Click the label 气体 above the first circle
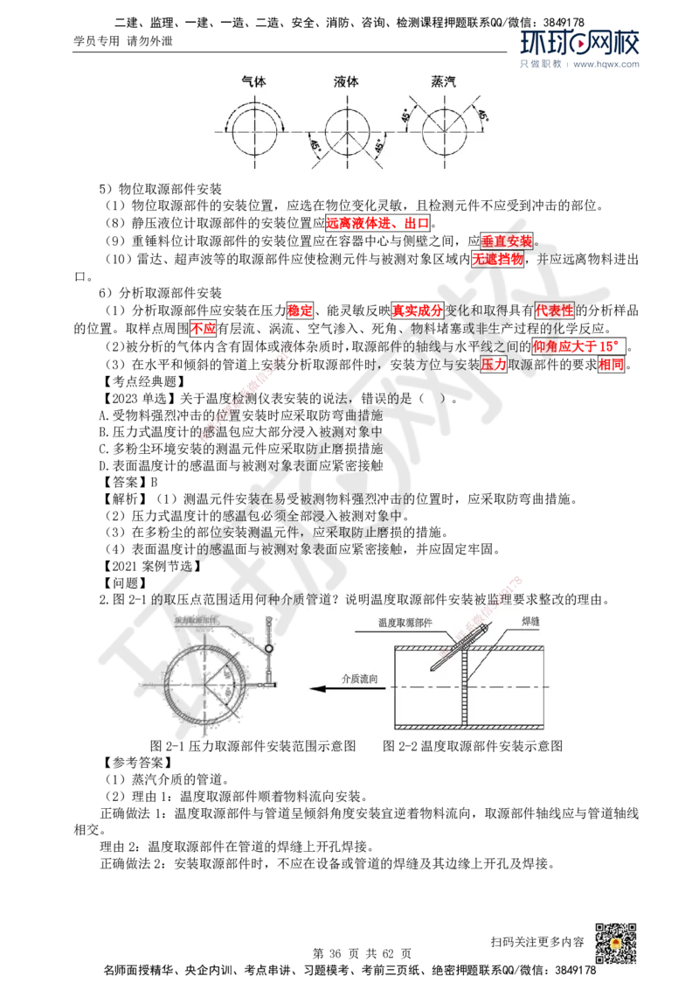pyautogui.click(x=253, y=81)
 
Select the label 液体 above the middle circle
pyautogui.click(x=346, y=81)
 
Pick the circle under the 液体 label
pyautogui.click(x=350, y=131)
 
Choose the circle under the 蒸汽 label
pyautogui.click(x=446, y=131)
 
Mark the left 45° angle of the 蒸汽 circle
pyautogui.click(x=406, y=114)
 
